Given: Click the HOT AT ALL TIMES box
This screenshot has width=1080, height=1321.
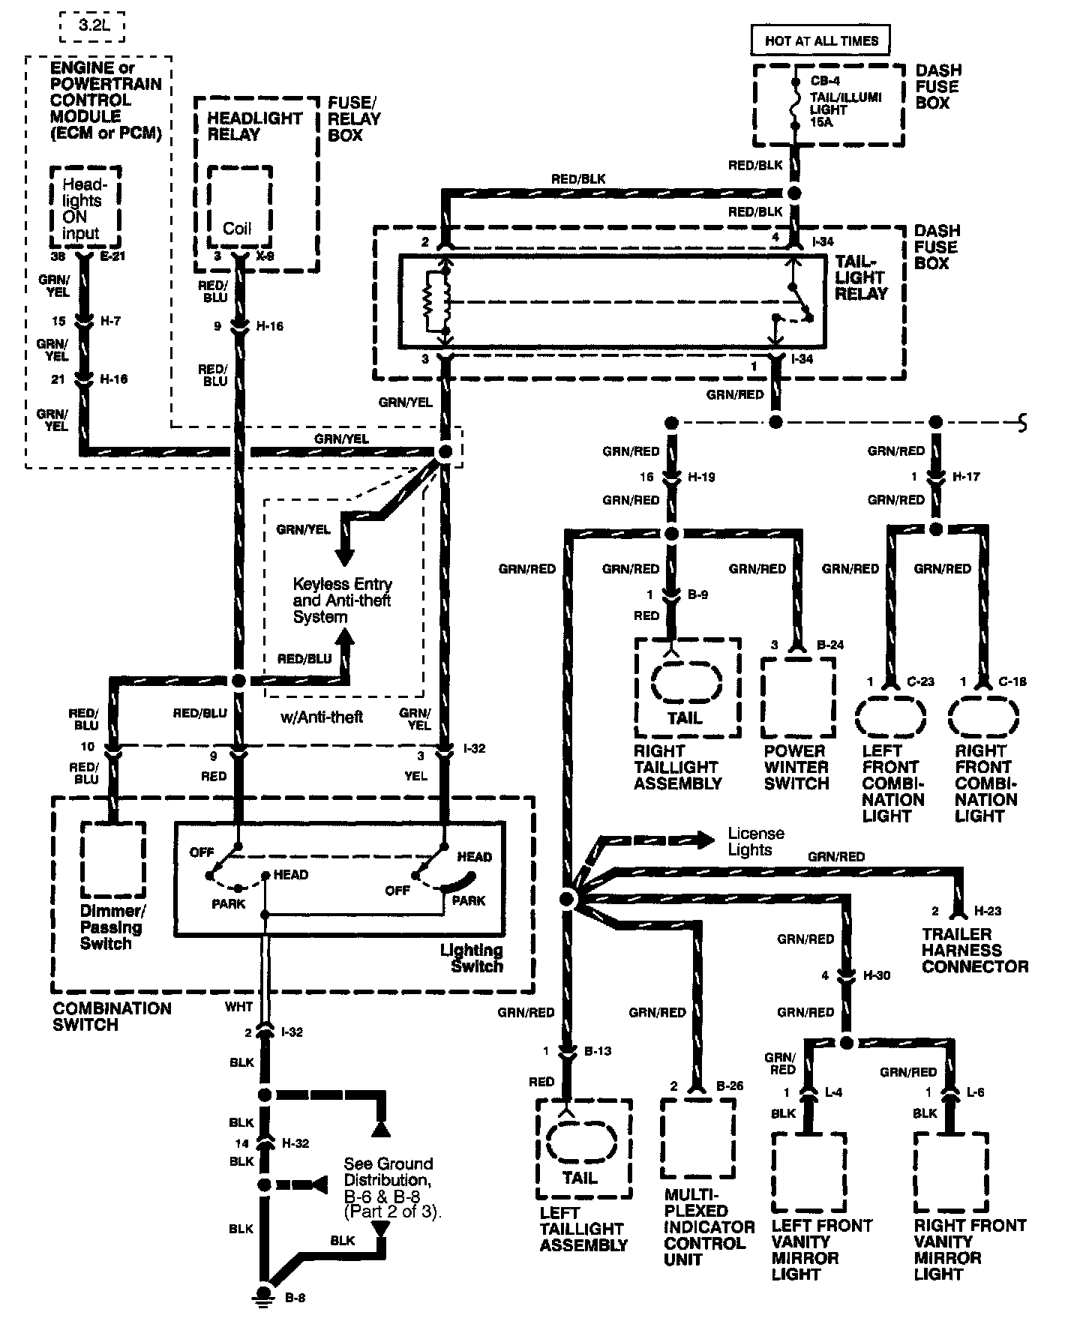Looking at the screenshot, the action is click(820, 40).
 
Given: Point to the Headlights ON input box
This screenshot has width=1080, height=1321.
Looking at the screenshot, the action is click(85, 206).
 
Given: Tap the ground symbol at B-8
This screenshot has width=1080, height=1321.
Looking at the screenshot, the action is click(263, 1295).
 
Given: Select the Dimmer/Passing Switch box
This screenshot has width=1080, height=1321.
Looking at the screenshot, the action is click(113, 859).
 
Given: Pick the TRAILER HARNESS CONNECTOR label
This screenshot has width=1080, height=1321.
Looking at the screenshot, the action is click(974, 950).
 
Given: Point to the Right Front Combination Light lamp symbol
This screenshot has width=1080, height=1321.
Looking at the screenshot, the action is click(983, 717).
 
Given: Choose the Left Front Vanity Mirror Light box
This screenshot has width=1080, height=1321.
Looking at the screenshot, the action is click(808, 1171).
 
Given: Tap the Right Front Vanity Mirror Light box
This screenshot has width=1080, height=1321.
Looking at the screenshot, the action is click(951, 1171).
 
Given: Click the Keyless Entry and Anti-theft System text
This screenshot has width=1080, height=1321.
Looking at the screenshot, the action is click(342, 601).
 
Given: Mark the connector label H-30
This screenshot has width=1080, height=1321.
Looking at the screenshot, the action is click(877, 975).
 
